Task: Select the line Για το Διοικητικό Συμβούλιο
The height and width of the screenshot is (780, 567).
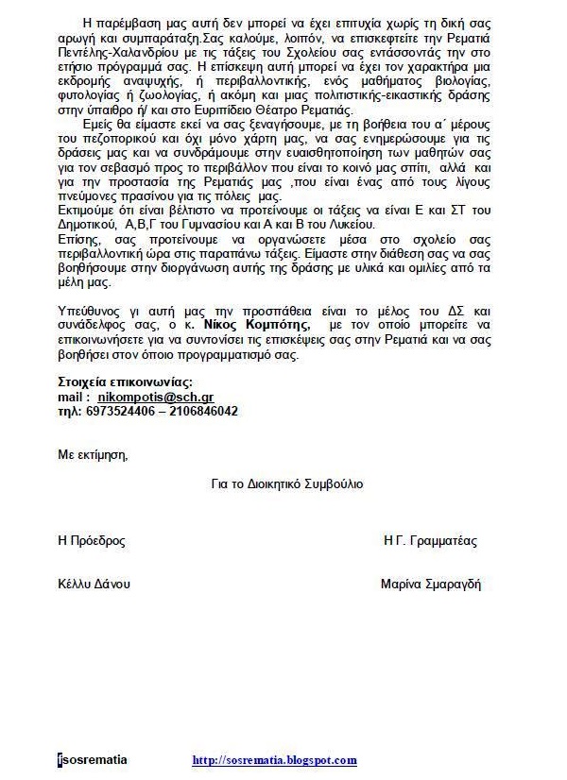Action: tap(287, 483)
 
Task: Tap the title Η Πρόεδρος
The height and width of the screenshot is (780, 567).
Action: tap(92, 541)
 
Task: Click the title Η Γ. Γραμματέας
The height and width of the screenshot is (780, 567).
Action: tap(430, 541)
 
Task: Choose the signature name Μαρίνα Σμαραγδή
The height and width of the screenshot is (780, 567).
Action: tap(431, 584)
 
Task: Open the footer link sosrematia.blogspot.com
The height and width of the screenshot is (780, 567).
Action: tap(274, 759)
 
